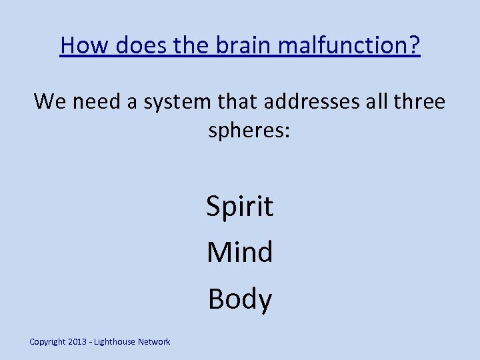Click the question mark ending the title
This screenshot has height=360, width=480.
413,46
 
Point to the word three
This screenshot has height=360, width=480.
419,101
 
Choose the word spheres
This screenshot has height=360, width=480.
245,131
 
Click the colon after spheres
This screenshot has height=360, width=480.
286,132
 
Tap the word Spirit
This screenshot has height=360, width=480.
240,207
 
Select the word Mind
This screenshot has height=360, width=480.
240,252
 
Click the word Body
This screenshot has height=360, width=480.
240,299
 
